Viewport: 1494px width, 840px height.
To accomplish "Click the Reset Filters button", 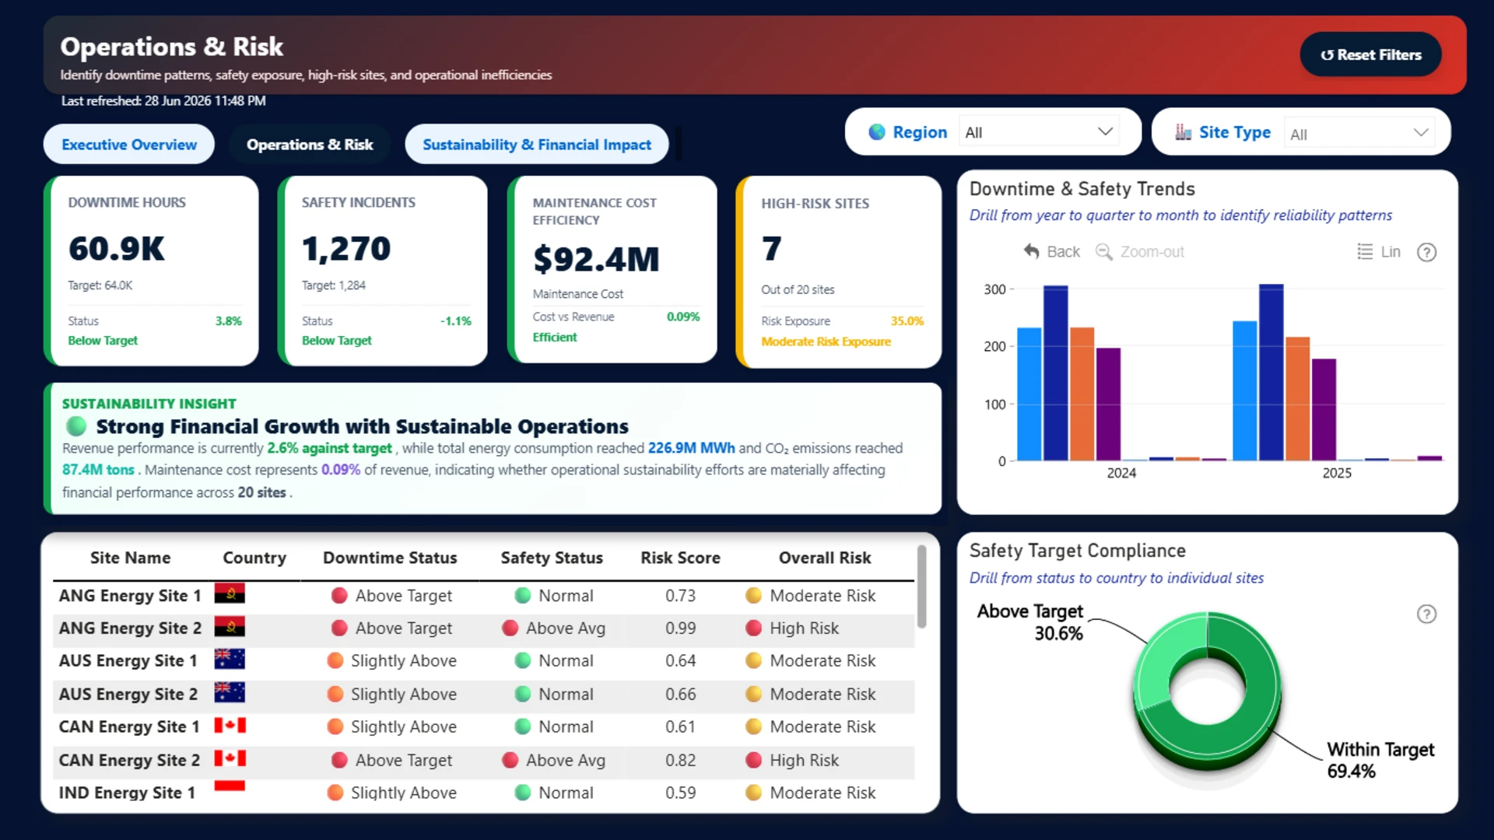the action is (1370, 54).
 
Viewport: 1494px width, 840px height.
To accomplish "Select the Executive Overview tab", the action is (129, 145).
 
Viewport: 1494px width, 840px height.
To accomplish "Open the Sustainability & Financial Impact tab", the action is (537, 145).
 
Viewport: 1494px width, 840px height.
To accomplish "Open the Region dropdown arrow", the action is (1105, 131).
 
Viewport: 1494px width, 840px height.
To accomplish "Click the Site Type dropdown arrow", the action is (1421, 132).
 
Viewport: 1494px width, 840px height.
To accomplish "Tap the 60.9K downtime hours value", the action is (117, 249).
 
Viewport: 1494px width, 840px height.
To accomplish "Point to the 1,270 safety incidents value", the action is (346, 249).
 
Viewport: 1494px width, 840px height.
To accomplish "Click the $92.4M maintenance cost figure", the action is (596, 259).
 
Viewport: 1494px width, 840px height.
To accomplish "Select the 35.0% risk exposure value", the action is (907, 321).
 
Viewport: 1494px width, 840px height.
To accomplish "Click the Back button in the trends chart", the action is (1052, 252).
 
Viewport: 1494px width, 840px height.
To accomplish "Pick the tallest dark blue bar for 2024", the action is (1056, 373).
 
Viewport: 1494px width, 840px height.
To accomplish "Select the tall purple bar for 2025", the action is (1324, 410).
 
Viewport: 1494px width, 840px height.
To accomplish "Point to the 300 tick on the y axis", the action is (994, 289).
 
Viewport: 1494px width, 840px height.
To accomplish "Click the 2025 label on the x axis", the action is (1337, 473).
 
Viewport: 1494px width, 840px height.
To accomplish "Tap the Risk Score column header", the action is (680, 558).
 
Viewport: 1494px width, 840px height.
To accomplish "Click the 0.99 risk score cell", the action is (680, 628).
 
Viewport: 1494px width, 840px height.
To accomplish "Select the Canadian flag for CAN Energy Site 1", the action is (230, 726).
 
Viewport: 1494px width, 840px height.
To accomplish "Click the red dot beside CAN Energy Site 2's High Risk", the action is (753, 760).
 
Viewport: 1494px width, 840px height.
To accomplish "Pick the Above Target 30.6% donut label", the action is (1030, 622).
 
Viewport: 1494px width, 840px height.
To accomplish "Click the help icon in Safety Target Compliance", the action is (1426, 614).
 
